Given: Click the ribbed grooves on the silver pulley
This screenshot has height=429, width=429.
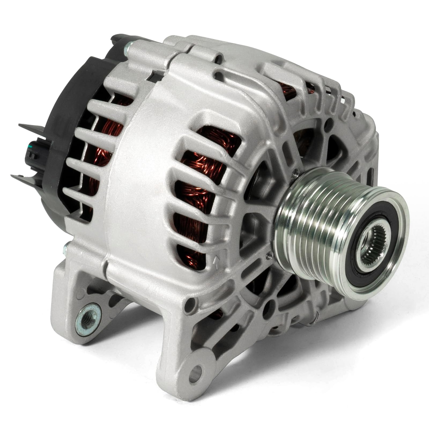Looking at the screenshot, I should [x=316, y=204].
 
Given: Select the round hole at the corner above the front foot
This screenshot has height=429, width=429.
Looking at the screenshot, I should [x=191, y=302].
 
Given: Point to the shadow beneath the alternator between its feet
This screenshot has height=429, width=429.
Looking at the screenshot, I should [x=129, y=346].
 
